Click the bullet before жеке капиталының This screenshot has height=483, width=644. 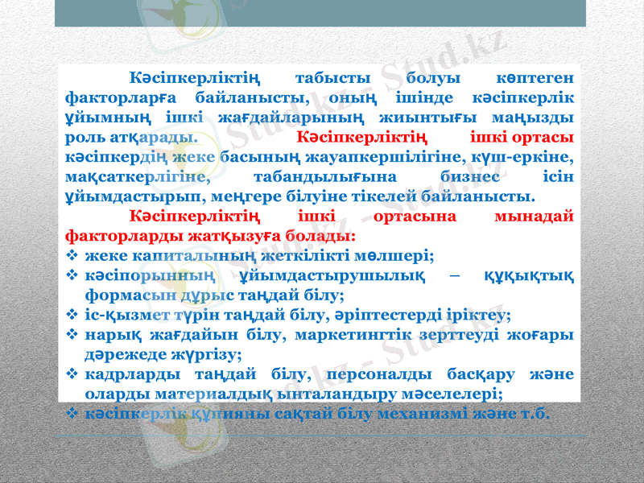pyautogui.click(x=72, y=256)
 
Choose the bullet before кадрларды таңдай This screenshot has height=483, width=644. pyautogui.click(x=72, y=374)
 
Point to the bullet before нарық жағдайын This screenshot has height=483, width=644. pyautogui.click(x=72, y=334)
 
